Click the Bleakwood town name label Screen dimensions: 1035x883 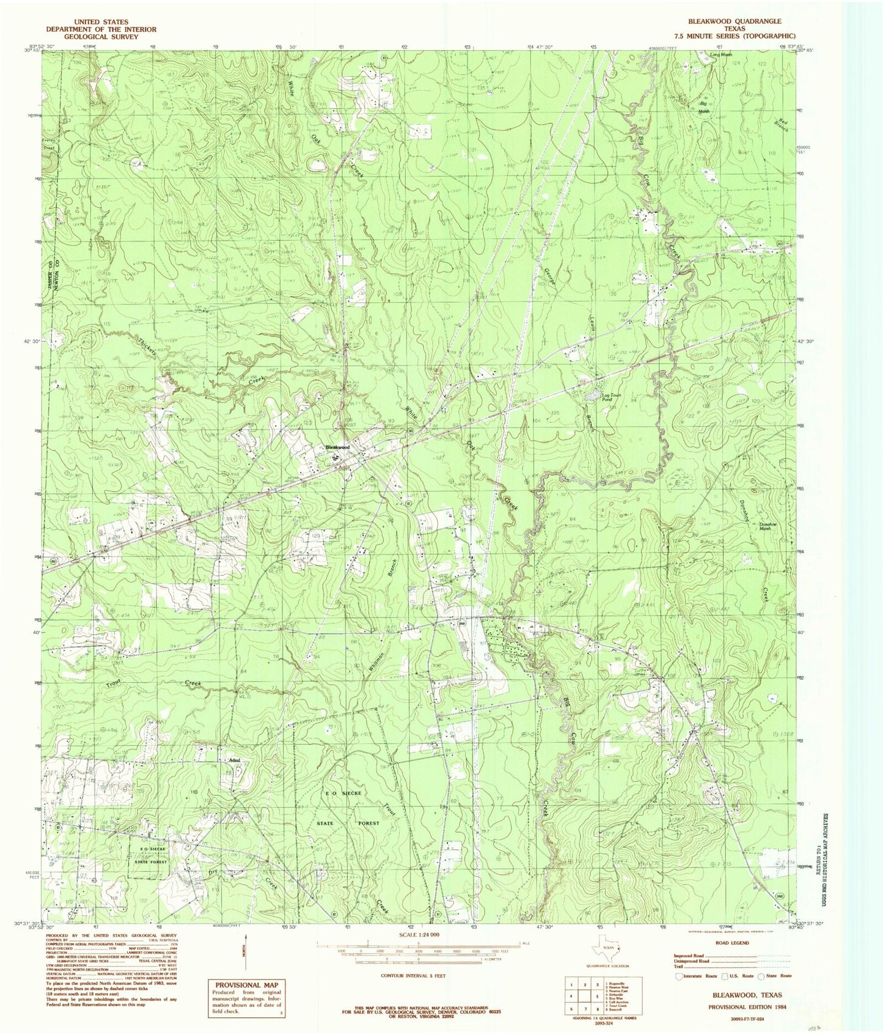point(338,448)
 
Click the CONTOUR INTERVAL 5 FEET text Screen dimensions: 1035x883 point(412,976)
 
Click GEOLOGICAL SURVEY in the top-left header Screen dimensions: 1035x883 point(101,37)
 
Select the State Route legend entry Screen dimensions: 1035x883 point(776,976)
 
